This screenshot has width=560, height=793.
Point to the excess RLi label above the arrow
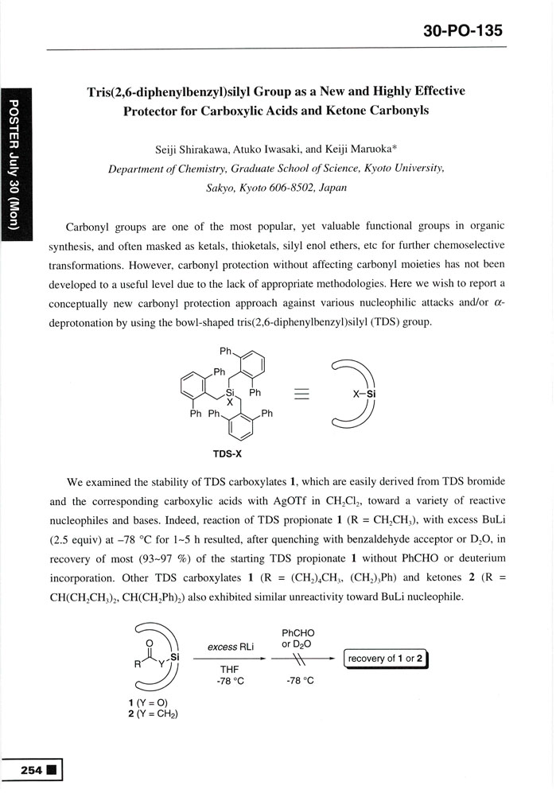coord(231,647)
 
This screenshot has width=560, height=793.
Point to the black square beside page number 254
coord(51,770)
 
